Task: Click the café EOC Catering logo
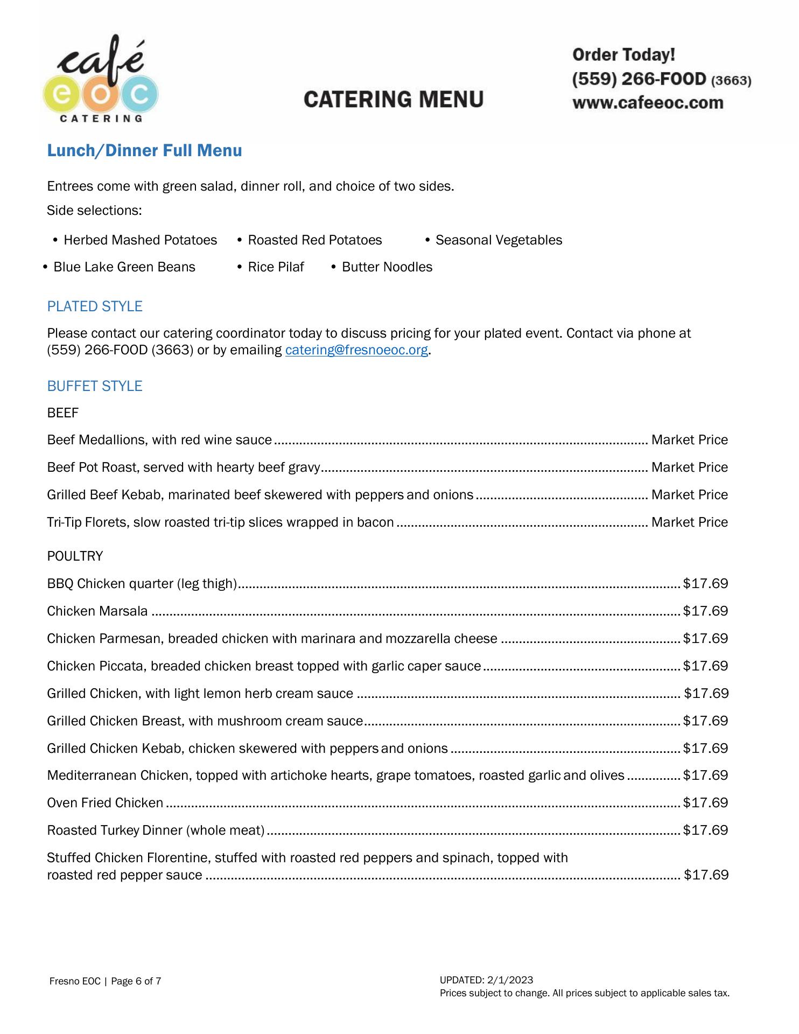tap(101, 80)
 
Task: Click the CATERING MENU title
tap(394, 100)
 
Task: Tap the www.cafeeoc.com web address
tap(648, 103)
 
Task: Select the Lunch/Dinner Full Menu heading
tap(144, 150)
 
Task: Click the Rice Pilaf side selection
tap(276, 267)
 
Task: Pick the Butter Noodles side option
tap(387, 267)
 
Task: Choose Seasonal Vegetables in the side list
tap(499, 240)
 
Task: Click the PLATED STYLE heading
tap(95, 306)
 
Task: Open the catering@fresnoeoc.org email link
tap(356, 350)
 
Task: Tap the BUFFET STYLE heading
tap(95, 386)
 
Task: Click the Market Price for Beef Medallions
tap(689, 440)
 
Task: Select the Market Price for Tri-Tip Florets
tap(689, 522)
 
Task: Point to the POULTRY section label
tap(75, 556)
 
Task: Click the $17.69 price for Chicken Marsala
tap(705, 611)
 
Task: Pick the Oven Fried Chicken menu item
tap(105, 803)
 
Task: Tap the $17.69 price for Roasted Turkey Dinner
tap(705, 830)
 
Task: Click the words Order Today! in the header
tap(623, 55)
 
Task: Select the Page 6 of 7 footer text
tap(136, 981)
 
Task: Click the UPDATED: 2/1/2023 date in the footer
tap(486, 980)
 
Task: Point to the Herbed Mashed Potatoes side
tap(140, 240)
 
